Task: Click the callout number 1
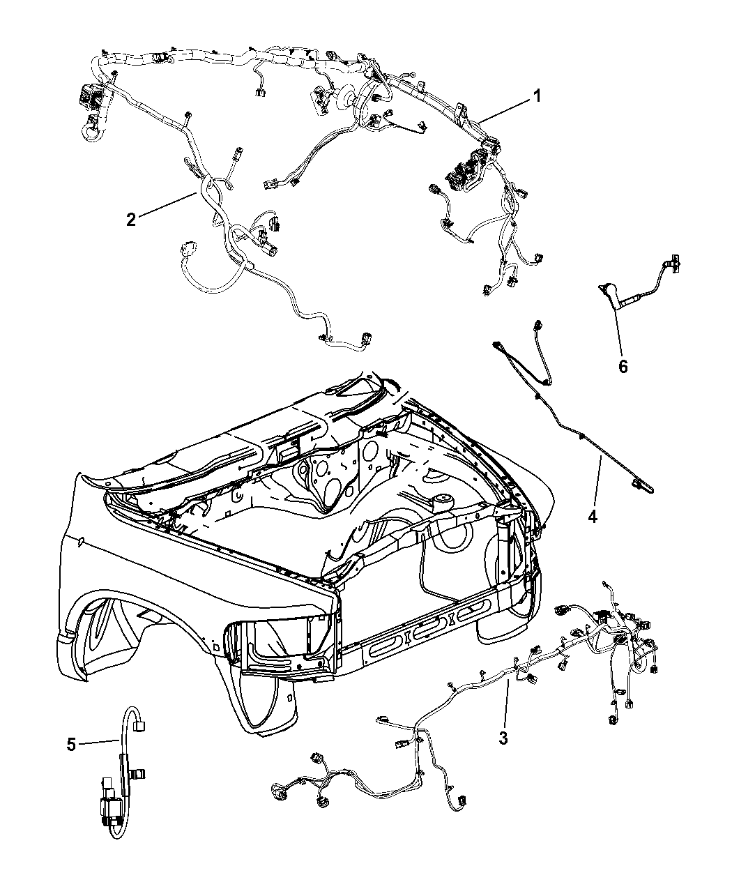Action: [x=537, y=96]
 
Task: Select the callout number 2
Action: [x=131, y=220]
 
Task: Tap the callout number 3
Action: [x=503, y=738]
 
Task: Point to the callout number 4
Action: [x=593, y=517]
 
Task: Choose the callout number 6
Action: [x=623, y=366]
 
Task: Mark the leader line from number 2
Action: [x=167, y=204]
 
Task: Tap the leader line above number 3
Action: [x=506, y=702]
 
